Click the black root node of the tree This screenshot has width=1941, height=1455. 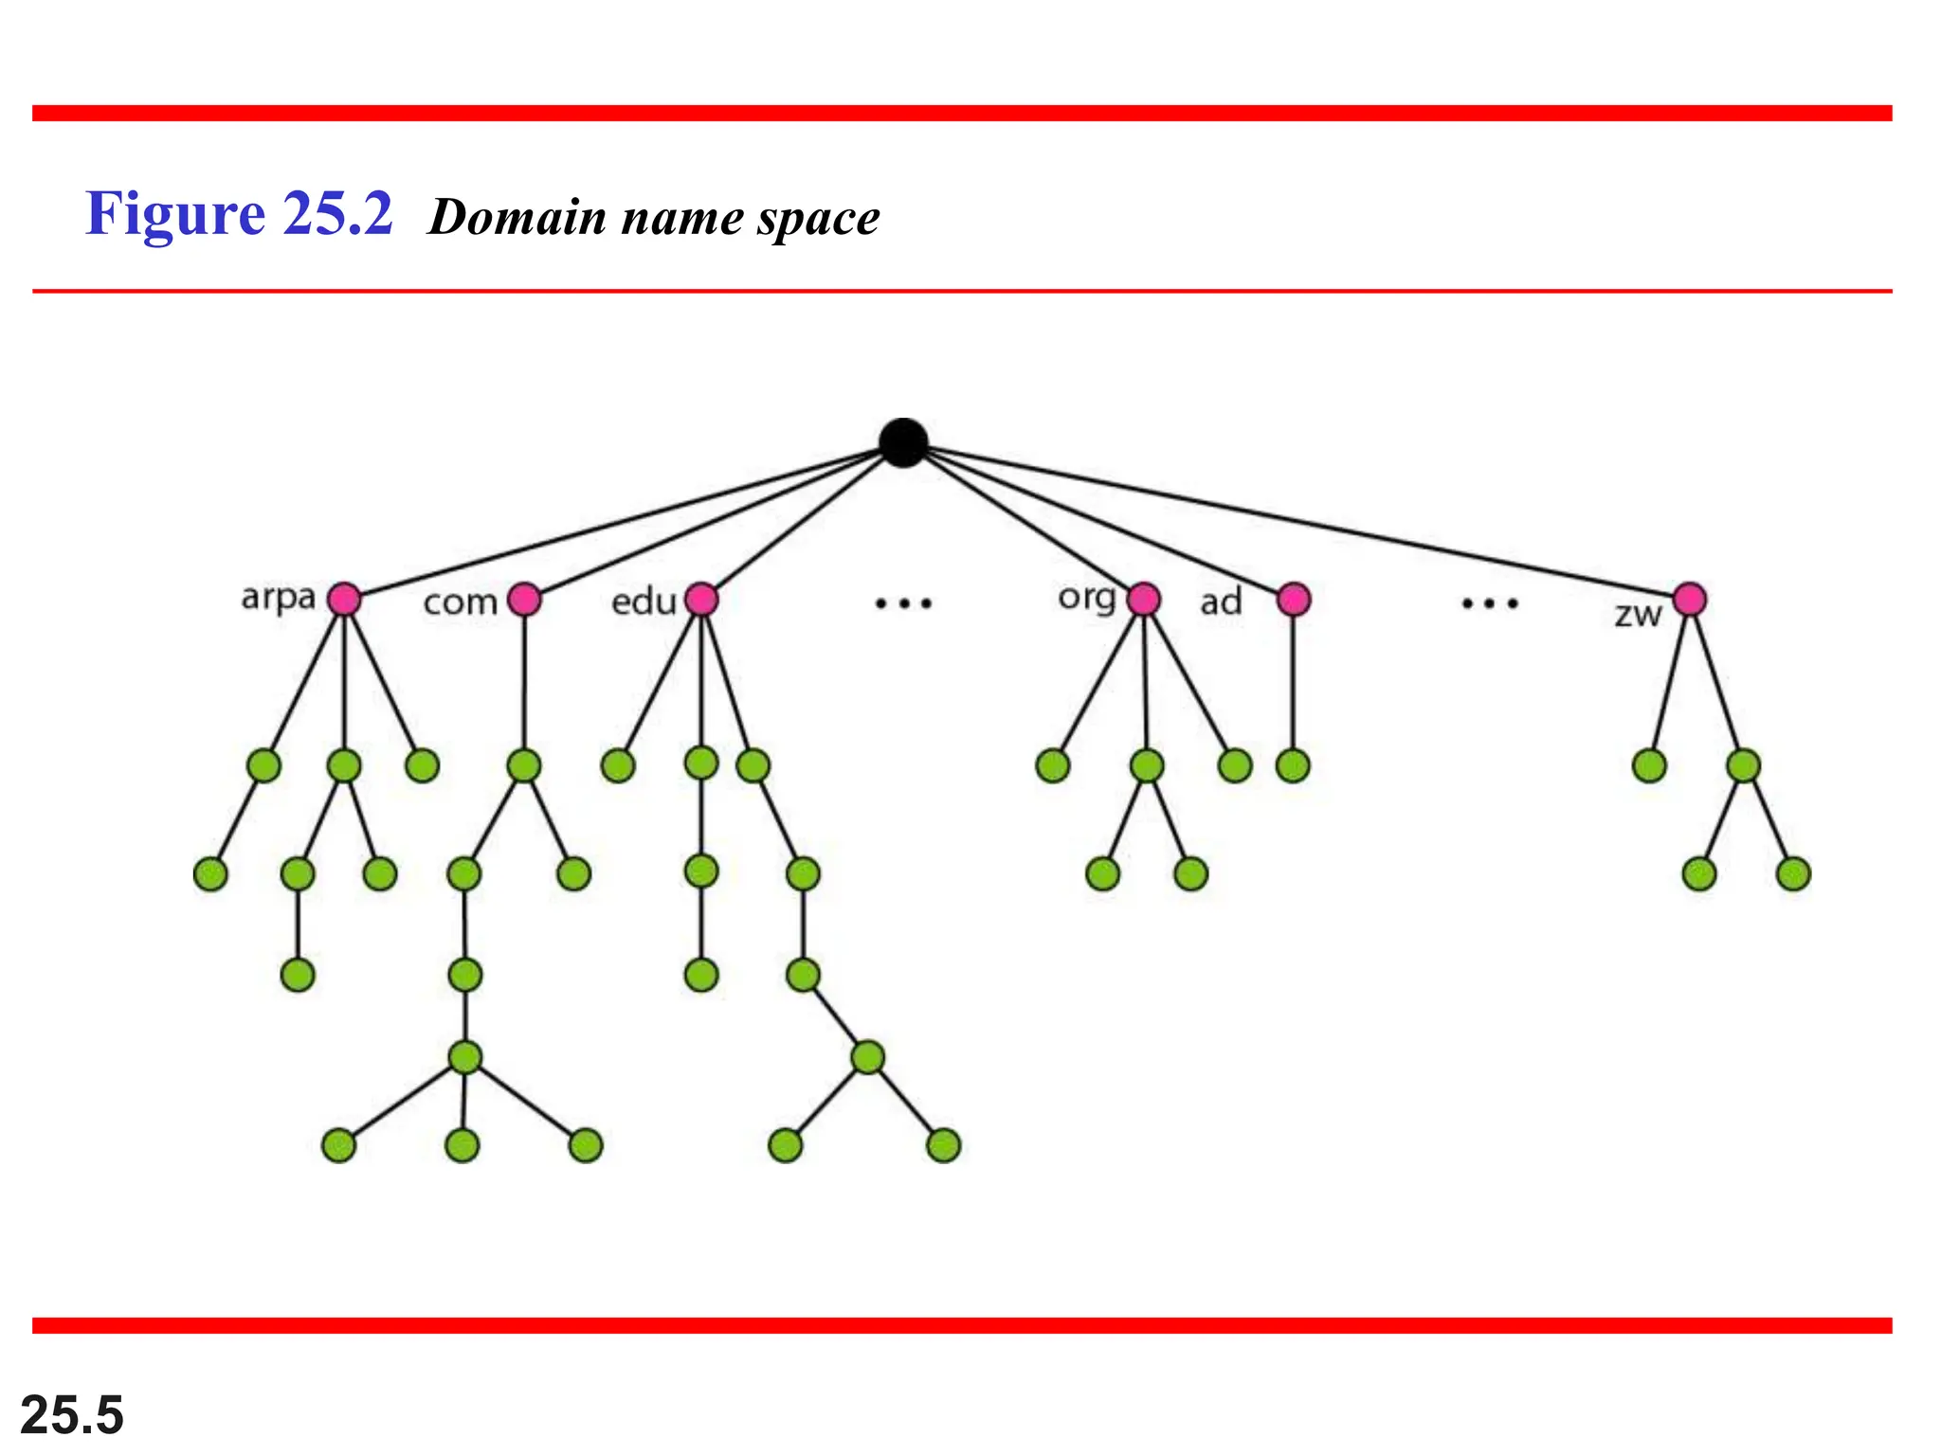903,442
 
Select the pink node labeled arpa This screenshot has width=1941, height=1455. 344,599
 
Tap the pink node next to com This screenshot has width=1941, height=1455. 524,599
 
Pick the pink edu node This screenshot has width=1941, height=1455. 701,599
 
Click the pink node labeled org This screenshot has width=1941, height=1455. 1144,599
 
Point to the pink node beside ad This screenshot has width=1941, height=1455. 1294,599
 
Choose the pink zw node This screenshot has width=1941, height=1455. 1690,599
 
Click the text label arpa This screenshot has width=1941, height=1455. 278,598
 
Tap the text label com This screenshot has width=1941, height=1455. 460,602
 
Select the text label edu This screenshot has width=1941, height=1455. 644,602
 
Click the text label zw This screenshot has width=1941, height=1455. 1638,615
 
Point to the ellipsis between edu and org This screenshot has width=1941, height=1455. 903,602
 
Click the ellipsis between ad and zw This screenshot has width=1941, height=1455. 1490,602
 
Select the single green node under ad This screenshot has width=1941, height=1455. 1293,765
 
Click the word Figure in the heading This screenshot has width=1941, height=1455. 175,214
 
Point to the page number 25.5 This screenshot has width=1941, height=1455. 72,1415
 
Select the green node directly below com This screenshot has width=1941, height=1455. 524,765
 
